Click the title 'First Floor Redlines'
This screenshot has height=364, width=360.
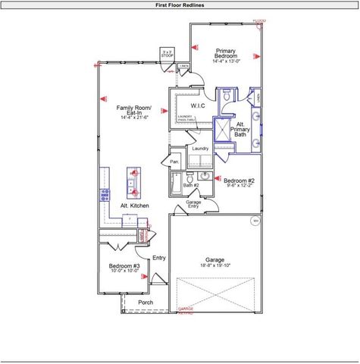pyautogui.click(x=180, y=5)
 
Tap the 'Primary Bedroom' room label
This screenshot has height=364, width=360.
pyautogui.click(x=226, y=55)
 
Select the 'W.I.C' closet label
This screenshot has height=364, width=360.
pyautogui.click(x=198, y=105)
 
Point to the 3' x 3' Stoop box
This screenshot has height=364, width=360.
pyautogui.click(x=167, y=54)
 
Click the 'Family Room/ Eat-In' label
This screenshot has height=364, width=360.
pyautogui.click(x=133, y=112)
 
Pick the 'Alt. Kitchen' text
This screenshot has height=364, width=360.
pyautogui.click(x=135, y=206)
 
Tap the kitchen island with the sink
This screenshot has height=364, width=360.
pyautogui.click(x=133, y=182)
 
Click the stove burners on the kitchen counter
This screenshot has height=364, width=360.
pyautogui.click(x=105, y=194)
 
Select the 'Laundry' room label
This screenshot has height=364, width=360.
pyautogui.click(x=200, y=149)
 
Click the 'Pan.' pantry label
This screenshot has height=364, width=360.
pyautogui.click(x=174, y=162)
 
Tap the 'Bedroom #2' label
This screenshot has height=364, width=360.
pyautogui.click(x=239, y=180)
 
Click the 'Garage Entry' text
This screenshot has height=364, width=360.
pyautogui.click(x=193, y=204)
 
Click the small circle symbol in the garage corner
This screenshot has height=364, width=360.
pyautogui.click(x=255, y=221)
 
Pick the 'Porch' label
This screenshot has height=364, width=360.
pyautogui.click(x=146, y=303)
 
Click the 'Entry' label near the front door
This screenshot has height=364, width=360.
pyautogui.click(x=159, y=258)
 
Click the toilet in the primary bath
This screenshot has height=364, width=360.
pyautogui.click(x=226, y=97)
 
